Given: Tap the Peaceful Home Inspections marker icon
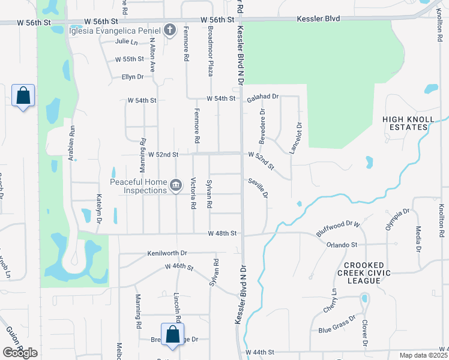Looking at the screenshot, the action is click(175, 184).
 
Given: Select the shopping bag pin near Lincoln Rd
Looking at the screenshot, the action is click(172, 335).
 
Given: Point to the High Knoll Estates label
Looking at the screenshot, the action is click(409, 124).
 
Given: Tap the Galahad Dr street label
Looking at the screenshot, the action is click(263, 97).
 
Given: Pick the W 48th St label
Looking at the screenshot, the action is click(223, 233).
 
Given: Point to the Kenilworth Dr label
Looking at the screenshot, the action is click(167, 254).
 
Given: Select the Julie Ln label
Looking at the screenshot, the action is click(127, 42).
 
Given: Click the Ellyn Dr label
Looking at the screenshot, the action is click(132, 77).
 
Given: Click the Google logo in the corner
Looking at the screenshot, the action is click(20, 353).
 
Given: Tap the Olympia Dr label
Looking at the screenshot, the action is click(397, 219).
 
